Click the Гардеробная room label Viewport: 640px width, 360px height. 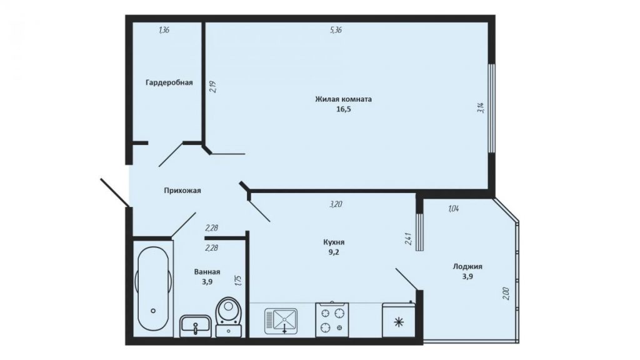click(169, 82)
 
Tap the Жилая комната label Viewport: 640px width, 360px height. click(343, 99)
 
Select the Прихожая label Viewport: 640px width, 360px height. click(182, 190)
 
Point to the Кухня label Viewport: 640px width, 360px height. click(334, 242)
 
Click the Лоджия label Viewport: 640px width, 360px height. click(467, 266)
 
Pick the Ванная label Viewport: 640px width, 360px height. click(207, 272)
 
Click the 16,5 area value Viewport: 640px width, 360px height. click(343, 109)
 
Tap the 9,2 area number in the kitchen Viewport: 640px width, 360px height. click(334, 252)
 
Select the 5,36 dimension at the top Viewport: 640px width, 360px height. click(336, 30)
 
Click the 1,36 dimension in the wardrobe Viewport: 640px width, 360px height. click(164, 30)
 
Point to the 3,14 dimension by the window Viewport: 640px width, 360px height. click(481, 107)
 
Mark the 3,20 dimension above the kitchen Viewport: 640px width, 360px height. click(336, 204)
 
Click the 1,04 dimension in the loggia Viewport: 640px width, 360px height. click(454, 209)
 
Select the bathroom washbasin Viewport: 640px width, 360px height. click(196, 326)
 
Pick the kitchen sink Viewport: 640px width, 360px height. click(281, 321)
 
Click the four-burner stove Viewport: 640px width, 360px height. click(332, 320)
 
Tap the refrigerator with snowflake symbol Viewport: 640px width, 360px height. click(398, 320)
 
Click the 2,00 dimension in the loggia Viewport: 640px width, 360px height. click(506, 294)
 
